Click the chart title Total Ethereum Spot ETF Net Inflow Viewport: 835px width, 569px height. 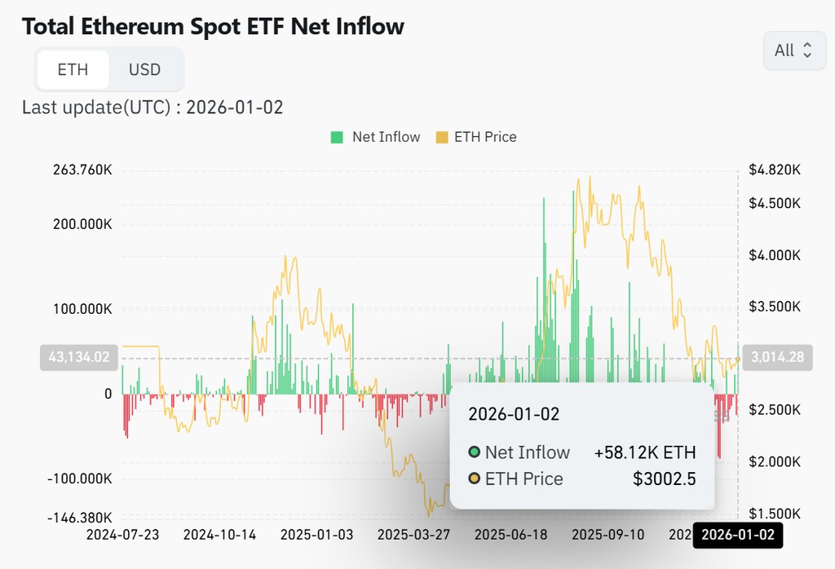click(213, 26)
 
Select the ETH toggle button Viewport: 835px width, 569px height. click(73, 69)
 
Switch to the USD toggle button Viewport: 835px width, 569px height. click(144, 69)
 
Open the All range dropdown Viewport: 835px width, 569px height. click(793, 51)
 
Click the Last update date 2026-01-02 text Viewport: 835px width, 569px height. click(235, 107)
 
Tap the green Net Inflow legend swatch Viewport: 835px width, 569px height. click(337, 137)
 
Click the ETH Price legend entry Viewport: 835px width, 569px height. click(477, 137)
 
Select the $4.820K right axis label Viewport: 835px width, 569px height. click(774, 170)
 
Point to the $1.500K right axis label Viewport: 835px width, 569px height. click(774, 514)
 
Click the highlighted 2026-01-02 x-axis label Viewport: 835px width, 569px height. click(737, 536)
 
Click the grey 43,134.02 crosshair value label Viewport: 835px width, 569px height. click(79, 357)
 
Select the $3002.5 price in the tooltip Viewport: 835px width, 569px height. click(664, 479)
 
